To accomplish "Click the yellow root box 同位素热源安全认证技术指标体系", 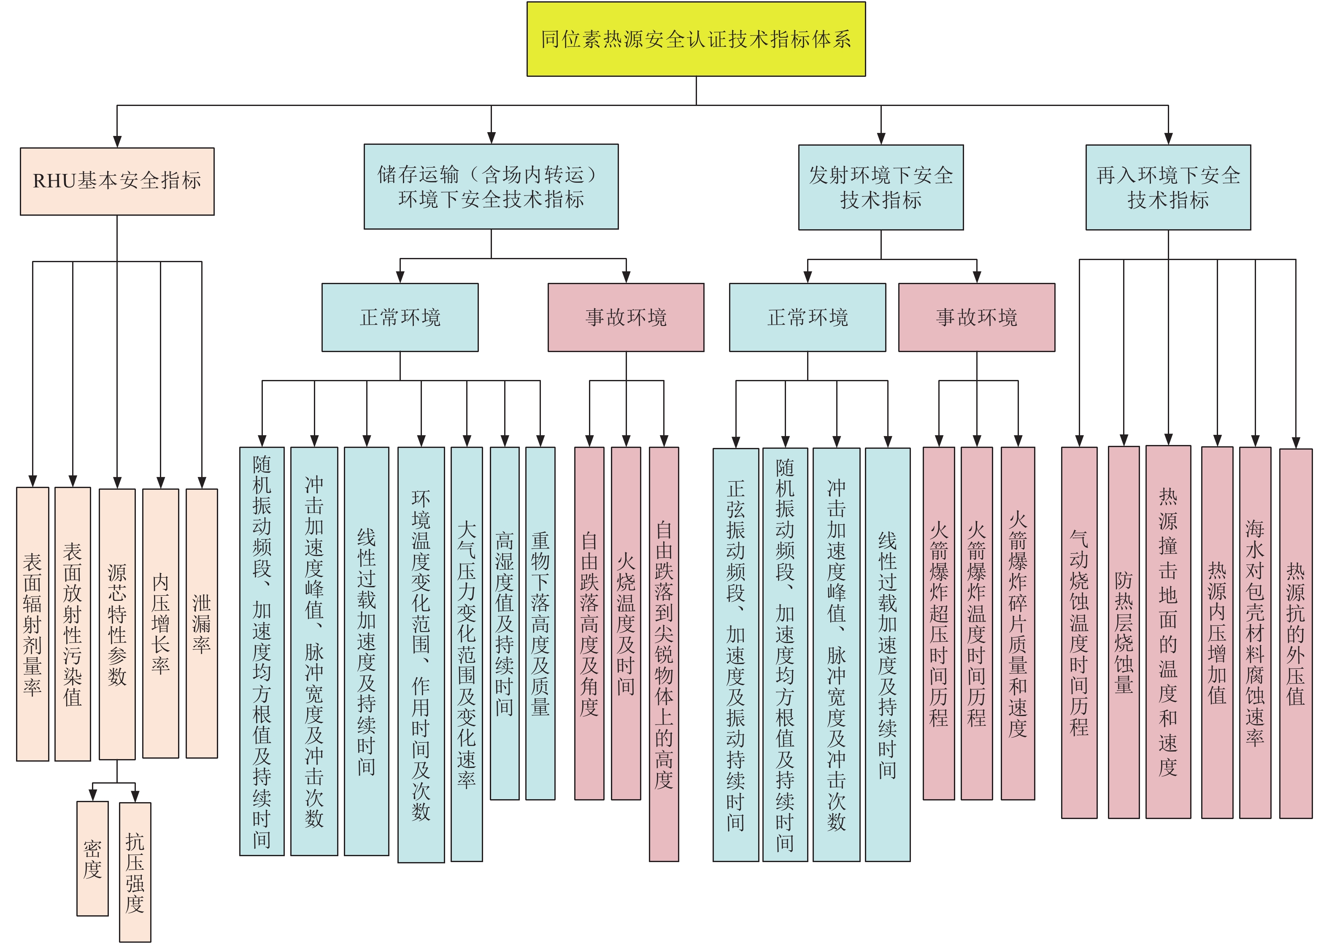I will (696, 39).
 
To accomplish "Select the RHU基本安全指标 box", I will (117, 181).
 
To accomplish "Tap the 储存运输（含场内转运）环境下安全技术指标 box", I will (491, 187).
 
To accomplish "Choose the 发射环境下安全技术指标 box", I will (881, 187).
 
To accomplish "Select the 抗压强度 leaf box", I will (135, 871).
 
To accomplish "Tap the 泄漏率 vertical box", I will (202, 623).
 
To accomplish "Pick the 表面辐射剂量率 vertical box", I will (32, 624).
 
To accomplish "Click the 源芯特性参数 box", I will (117, 624).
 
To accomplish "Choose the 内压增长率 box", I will (160, 623).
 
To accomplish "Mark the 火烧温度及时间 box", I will (626, 623).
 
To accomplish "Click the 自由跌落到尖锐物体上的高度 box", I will (663, 654).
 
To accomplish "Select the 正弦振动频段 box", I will (735, 654).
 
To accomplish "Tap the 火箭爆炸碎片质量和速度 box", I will (1018, 623).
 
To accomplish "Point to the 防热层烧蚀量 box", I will (1124, 632).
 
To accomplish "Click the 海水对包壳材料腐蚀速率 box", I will (1255, 632).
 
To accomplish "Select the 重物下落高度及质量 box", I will (540, 623).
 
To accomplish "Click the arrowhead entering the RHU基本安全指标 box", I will (117, 142).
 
